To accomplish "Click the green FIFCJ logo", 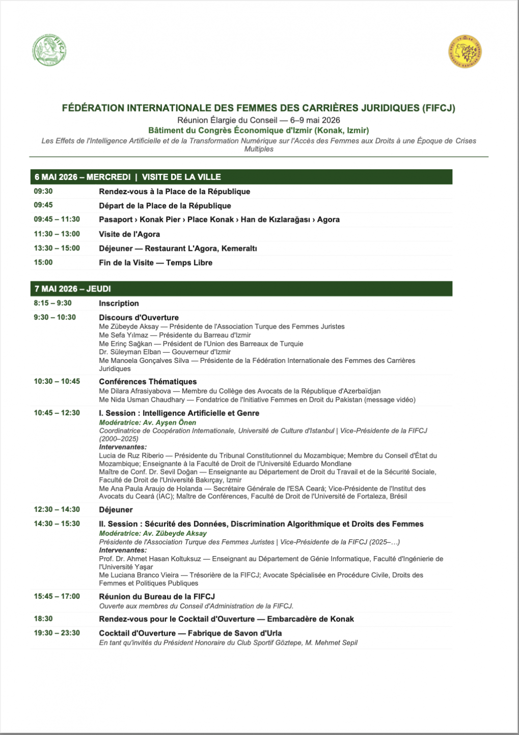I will pos(49,50).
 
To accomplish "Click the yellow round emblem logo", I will pos(465,51).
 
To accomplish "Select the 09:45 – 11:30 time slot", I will pos(57,219).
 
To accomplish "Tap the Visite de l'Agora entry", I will pos(129,234).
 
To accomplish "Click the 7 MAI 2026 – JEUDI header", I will pos(73,288).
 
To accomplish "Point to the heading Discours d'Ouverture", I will pos(139,317).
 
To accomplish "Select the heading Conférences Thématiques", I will pos(148,381).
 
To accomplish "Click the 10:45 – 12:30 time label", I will pos(57,413).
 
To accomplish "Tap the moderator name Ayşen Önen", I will pos(176,422).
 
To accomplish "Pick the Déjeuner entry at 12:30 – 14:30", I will pos(116,510).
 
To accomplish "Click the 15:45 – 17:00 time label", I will pos(57,596).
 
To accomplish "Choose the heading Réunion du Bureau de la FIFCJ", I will pos(157,596).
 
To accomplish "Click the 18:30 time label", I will pos(43,619).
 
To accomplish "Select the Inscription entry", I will pos(119,303).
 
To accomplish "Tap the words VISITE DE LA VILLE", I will pos(181,177).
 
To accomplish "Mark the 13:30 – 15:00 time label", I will pos(57,248).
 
